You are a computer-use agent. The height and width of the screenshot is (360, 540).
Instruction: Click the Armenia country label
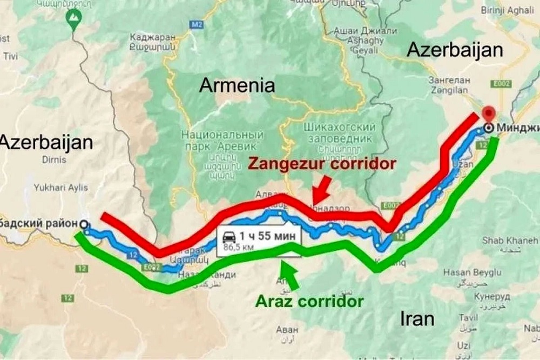(237, 85)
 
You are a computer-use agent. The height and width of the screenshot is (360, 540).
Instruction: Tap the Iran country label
(417, 318)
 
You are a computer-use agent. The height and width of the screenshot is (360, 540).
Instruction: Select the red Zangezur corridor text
(322, 164)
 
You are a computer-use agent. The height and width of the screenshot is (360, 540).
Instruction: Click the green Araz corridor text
(309, 301)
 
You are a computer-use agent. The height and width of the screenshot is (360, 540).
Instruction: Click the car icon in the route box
(230, 236)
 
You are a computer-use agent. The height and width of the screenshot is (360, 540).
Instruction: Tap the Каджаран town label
(153, 38)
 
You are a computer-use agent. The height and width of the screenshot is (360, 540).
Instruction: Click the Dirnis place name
(56, 159)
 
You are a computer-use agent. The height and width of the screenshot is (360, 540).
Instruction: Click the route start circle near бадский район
(83, 224)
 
